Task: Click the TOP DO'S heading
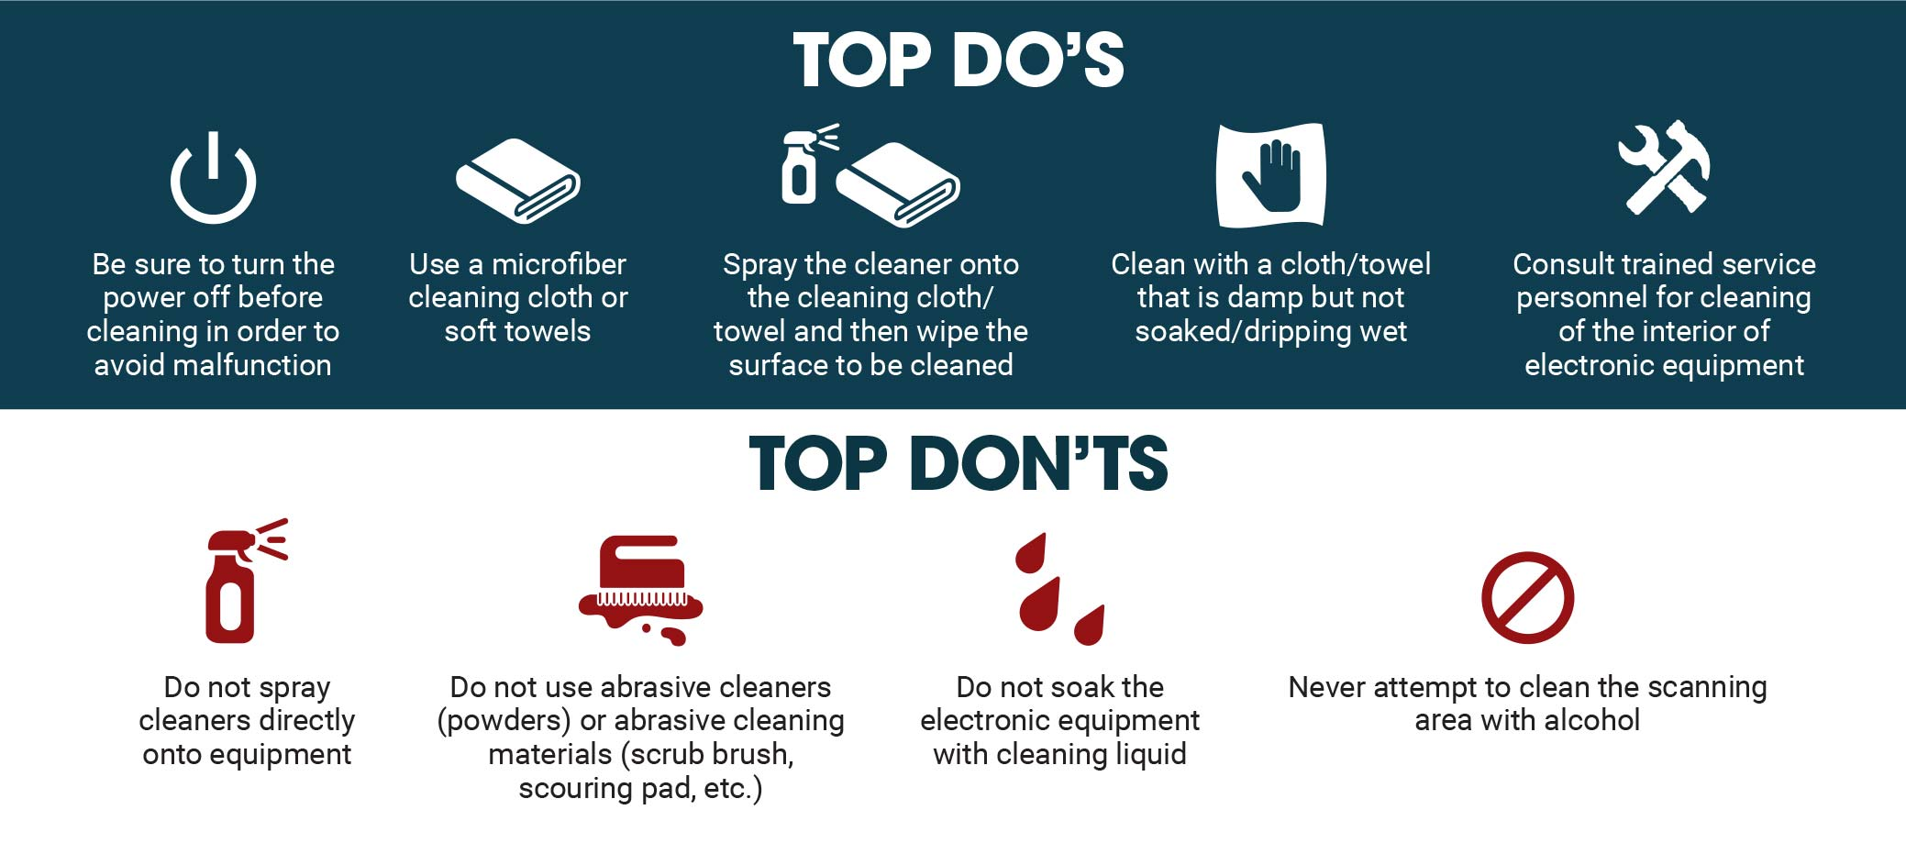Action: (959, 61)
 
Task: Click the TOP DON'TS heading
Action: (959, 463)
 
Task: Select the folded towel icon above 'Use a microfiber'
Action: (518, 181)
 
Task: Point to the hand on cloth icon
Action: (1271, 174)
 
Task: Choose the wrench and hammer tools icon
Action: (1664, 167)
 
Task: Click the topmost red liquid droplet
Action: (1032, 552)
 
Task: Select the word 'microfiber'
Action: (559, 264)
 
